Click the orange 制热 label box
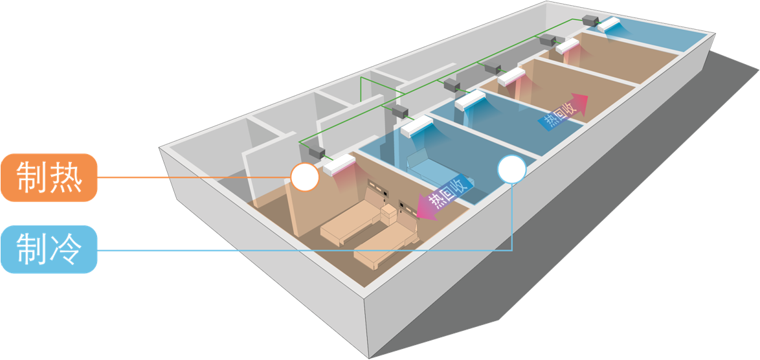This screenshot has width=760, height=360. pyautogui.click(x=49, y=178)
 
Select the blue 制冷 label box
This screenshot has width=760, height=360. pyautogui.click(x=49, y=249)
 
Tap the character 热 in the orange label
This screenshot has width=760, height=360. pyautogui.click(x=67, y=178)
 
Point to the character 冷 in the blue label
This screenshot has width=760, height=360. pyautogui.click(x=67, y=249)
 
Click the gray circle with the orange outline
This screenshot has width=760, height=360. pyautogui.click(x=304, y=176)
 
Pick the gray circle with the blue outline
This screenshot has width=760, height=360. pyautogui.click(x=511, y=169)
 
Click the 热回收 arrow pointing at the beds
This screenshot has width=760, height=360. pyautogui.click(x=443, y=201)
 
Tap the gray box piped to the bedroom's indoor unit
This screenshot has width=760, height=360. pyautogui.click(x=315, y=152)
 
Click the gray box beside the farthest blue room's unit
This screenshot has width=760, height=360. pyautogui.click(x=591, y=19)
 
